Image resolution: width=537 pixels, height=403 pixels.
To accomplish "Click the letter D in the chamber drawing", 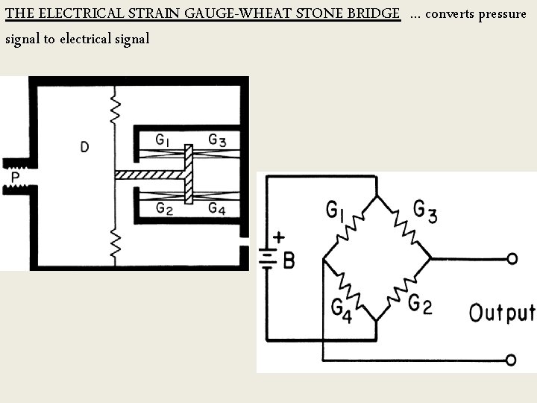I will click(x=84, y=147).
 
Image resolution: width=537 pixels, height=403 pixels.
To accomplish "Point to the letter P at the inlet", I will click(x=15, y=178).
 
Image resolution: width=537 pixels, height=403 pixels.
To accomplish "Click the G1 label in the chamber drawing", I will click(x=163, y=139).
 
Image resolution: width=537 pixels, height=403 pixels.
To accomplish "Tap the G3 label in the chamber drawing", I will click(x=217, y=139).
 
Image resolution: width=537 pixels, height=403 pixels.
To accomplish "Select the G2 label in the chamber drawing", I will click(x=164, y=209).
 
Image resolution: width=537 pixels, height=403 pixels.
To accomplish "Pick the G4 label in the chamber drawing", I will click(x=217, y=208).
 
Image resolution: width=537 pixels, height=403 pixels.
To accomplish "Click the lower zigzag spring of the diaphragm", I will click(x=115, y=246).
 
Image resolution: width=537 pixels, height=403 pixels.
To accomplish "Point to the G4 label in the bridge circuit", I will click(x=340, y=310).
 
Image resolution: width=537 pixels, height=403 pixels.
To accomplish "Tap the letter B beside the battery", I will click(x=288, y=260).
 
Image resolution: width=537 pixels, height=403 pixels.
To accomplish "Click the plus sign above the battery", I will click(x=278, y=238).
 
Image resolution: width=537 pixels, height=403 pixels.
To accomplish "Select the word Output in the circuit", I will click(x=500, y=312).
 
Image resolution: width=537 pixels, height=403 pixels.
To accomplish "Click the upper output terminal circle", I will click(x=512, y=258).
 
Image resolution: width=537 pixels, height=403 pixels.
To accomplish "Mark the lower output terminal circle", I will click(x=511, y=360).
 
